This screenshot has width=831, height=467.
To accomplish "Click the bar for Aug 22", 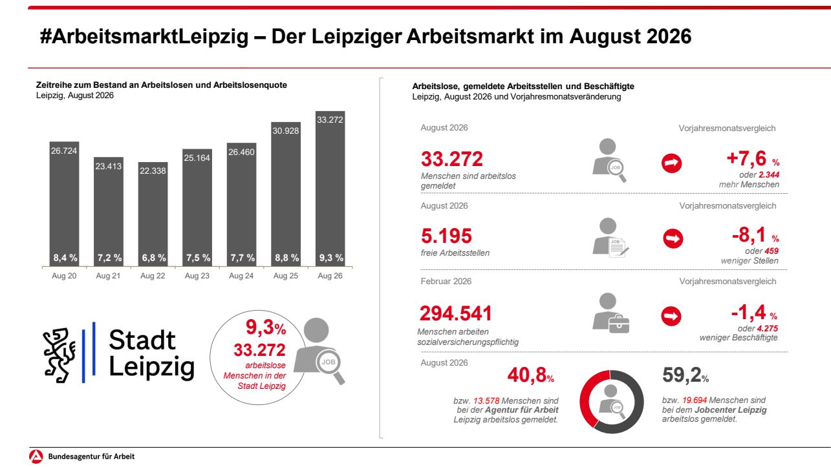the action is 153,214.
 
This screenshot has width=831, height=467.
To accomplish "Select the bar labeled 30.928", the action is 286,194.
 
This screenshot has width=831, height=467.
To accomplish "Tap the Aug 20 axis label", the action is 64,276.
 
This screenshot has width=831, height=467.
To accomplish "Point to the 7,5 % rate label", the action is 198,258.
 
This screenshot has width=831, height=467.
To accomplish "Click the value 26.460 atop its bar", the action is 241,152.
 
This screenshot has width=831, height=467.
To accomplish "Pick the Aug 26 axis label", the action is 330,276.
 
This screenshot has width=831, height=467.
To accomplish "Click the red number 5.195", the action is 446,236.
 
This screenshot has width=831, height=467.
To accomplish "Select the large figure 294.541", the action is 455,313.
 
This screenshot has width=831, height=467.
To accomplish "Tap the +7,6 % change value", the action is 753,159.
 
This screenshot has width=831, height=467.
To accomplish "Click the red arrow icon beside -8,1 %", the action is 673,238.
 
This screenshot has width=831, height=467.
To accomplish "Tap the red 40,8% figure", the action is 530,375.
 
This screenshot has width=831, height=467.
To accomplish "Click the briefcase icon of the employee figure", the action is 619,324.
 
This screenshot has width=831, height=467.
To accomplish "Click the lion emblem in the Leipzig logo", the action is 59,355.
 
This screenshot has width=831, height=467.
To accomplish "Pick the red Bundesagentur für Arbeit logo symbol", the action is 36,456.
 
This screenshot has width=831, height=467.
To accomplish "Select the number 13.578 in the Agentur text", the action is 486,400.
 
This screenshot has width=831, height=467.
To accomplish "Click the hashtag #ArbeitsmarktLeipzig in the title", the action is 144,36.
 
